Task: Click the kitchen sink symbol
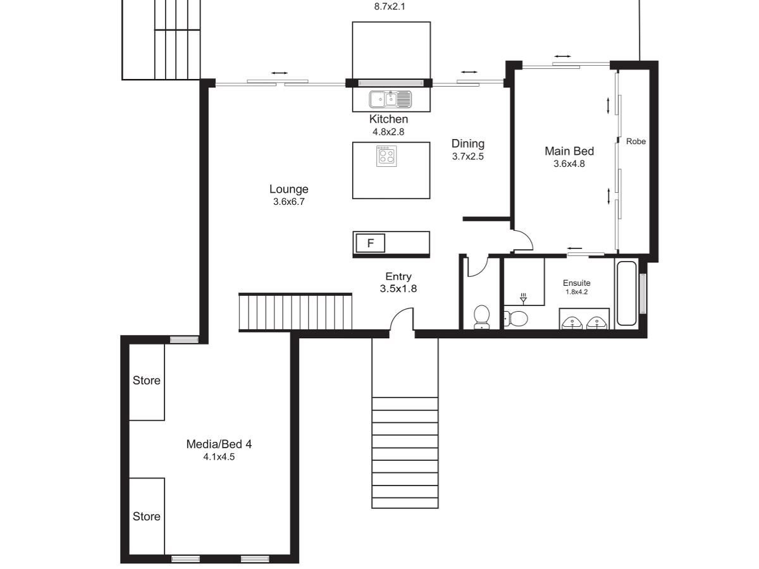[390, 99]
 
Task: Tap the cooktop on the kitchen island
[386, 156]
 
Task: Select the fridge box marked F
[371, 243]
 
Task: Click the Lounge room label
[288, 189]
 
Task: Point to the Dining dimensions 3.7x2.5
[467, 157]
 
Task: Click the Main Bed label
[569, 151]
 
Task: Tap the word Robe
[636, 141]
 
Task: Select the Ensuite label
[576, 283]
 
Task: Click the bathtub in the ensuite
[626, 293]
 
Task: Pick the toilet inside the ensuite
[515, 318]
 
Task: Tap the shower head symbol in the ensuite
[523, 299]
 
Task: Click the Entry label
[398, 276]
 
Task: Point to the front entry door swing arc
[397, 313]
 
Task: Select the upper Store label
[146, 381]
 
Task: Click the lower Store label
[146, 516]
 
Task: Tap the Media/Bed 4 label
[219, 444]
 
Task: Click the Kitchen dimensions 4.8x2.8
[388, 132]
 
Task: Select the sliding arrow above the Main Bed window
[562, 56]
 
